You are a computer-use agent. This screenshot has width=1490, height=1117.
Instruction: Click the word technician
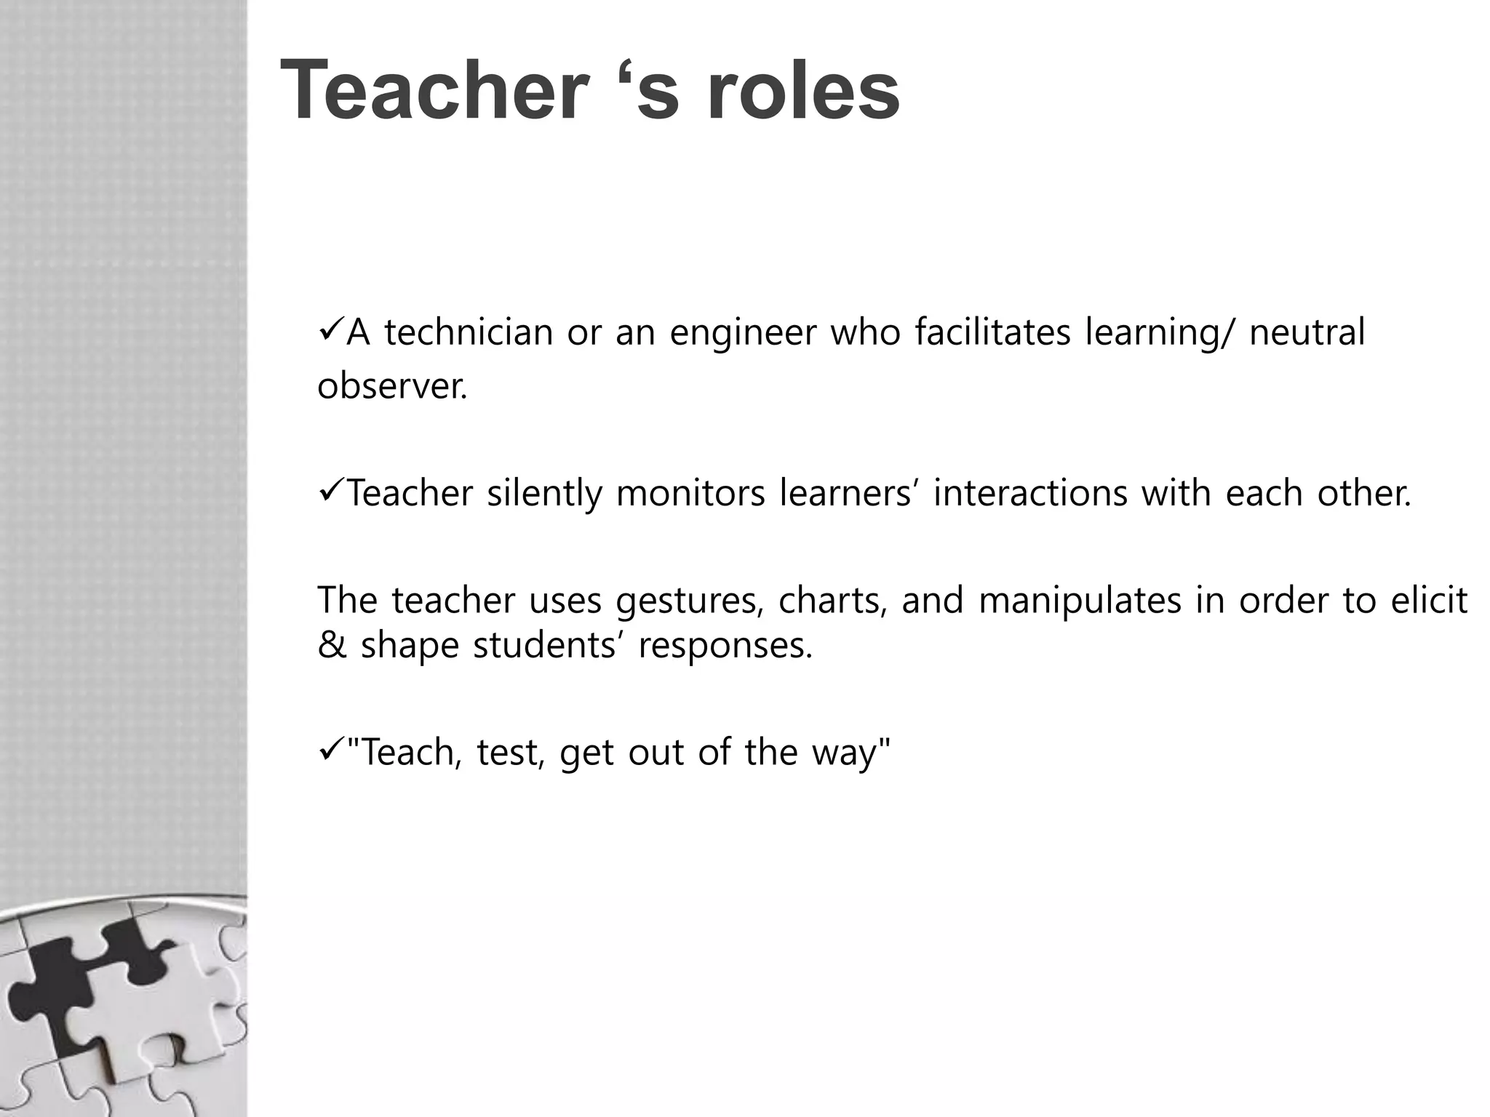point(469,333)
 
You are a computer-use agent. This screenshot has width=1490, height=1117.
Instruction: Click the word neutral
point(1307,333)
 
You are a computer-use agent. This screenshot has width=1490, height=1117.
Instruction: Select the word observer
point(391,386)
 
